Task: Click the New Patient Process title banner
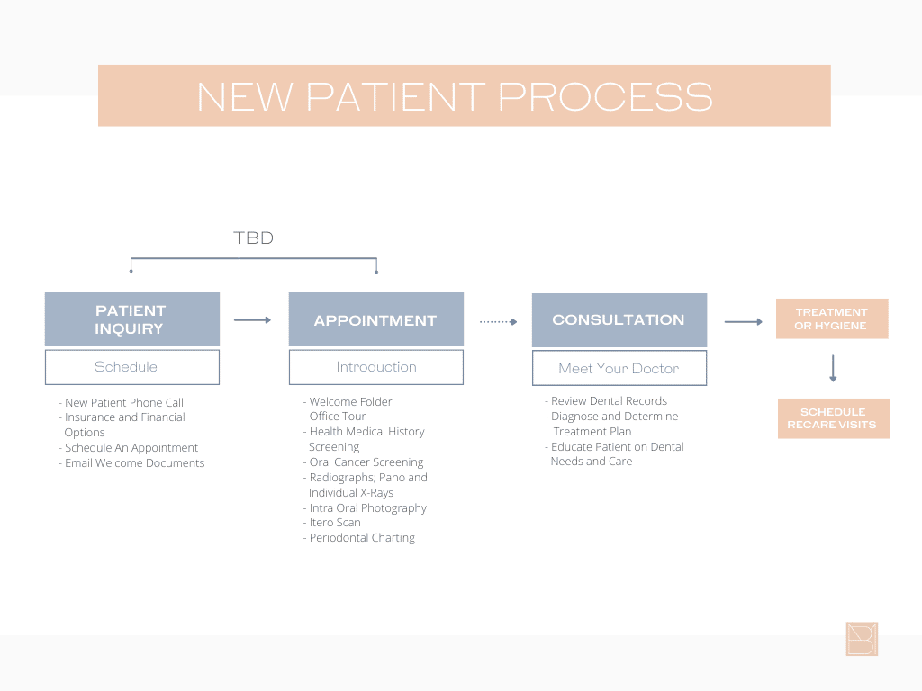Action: [464, 95]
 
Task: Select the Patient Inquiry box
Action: [131, 319]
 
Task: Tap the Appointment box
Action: [375, 319]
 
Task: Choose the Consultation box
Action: [619, 320]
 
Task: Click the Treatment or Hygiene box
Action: [831, 319]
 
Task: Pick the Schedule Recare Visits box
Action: [833, 418]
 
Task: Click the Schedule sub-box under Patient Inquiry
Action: [131, 367]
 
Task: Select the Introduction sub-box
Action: [375, 367]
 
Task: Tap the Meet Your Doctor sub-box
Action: [619, 368]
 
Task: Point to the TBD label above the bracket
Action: [253, 238]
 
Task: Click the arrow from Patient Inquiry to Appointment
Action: [252, 319]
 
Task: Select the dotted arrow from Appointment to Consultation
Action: [498, 321]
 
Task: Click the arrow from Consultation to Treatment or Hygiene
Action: [743, 321]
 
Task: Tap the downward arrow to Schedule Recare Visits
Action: [833, 368]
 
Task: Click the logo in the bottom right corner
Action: [862, 639]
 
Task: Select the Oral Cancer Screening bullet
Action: [365, 462]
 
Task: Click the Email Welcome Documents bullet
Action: [133, 463]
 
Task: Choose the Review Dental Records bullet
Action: [608, 401]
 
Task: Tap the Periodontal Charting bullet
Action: [360, 538]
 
